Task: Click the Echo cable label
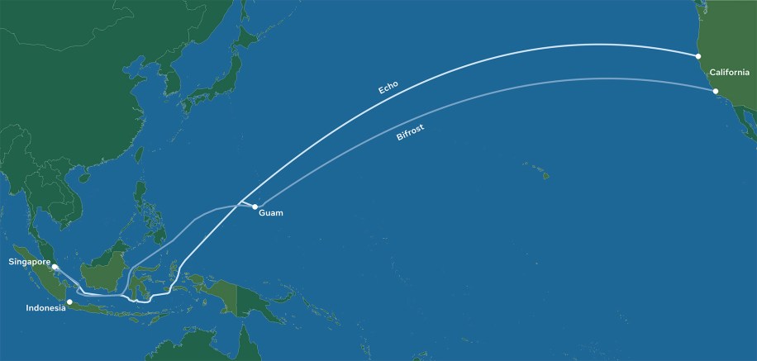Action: click(388, 86)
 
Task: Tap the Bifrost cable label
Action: click(412, 134)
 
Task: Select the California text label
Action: click(729, 72)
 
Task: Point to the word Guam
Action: click(271, 213)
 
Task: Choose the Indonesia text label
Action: click(46, 309)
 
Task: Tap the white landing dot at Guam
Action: click(255, 207)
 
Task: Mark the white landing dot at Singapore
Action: click(55, 267)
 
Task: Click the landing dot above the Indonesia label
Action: click(69, 302)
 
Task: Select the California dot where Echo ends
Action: click(698, 56)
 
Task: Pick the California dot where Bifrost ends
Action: click(716, 91)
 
